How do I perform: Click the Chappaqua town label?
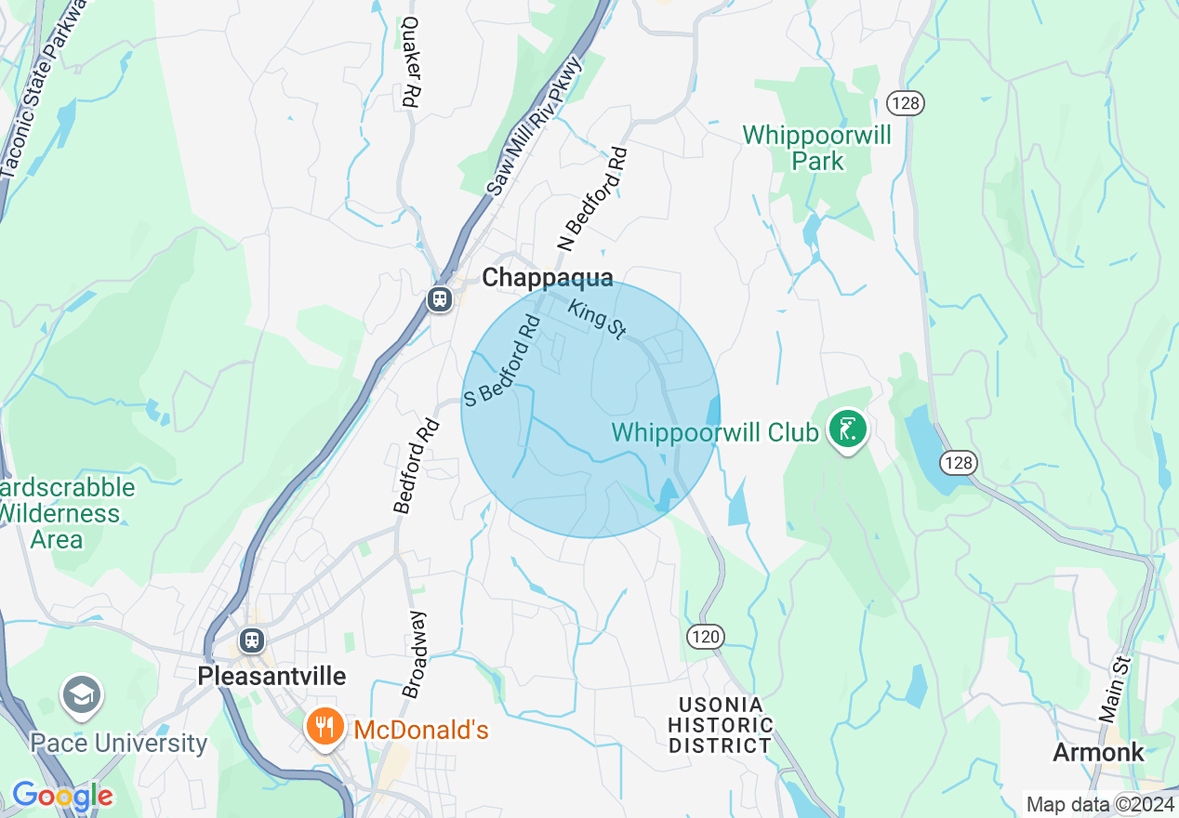[x=548, y=277]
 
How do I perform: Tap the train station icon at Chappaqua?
[x=439, y=298]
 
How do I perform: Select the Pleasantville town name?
[x=272, y=676]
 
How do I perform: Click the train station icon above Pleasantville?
[x=251, y=640]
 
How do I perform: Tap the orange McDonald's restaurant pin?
[x=324, y=726]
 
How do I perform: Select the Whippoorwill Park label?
[x=816, y=148]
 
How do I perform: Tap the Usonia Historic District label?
[x=721, y=725]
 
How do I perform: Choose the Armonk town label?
[x=1098, y=752]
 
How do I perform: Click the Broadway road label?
[x=416, y=654]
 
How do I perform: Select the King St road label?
[x=597, y=318]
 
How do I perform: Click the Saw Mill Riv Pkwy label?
[x=534, y=125]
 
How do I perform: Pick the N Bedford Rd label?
[x=592, y=198]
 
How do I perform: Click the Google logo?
[x=61, y=796]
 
